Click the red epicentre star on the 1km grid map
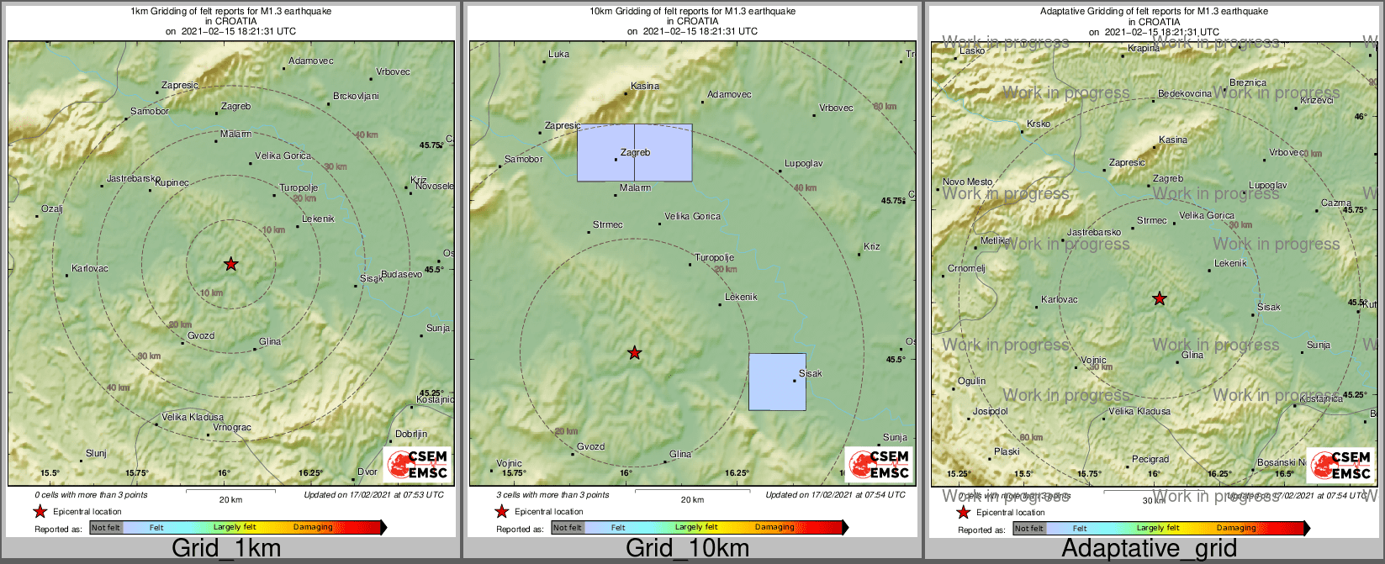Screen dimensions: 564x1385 click(231, 265)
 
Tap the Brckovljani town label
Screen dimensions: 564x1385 click(356, 97)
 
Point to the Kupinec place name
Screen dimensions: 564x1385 click(172, 182)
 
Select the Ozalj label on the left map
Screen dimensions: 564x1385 click(52, 209)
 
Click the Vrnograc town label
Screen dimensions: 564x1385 click(232, 428)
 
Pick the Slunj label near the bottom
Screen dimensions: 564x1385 click(97, 454)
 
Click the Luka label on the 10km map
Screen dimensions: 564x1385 click(558, 55)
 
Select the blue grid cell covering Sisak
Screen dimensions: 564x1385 click(777, 382)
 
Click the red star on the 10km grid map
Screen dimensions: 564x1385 click(635, 353)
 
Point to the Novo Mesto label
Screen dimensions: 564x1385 click(967, 182)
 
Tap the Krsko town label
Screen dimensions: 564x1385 click(1039, 124)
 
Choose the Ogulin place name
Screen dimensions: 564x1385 click(971, 382)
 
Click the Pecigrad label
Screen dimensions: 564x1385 click(1150, 460)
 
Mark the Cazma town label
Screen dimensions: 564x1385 click(1336, 203)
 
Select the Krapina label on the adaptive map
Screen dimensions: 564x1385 click(1144, 49)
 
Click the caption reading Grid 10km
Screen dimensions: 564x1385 click(687, 549)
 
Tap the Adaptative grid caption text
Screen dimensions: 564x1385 click(1149, 549)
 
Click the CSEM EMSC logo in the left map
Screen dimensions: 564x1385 click(418, 465)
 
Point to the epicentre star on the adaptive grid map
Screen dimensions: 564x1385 click(1160, 298)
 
